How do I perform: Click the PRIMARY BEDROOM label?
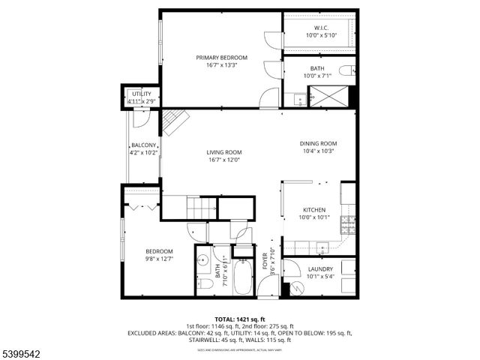(221, 57)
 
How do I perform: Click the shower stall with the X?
(329, 96)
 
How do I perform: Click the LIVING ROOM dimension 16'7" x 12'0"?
(224, 160)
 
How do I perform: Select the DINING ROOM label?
(318, 143)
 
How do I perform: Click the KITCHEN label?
(313, 210)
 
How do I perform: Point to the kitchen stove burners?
(348, 222)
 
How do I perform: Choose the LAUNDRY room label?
(320, 268)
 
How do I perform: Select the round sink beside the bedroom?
(202, 262)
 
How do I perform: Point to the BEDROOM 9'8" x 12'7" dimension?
(159, 259)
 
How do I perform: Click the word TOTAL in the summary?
(226, 319)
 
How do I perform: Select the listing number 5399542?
(23, 352)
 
